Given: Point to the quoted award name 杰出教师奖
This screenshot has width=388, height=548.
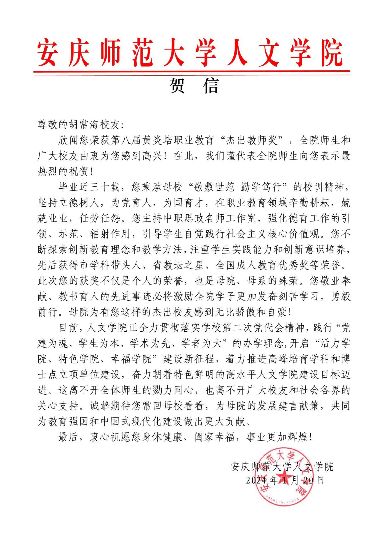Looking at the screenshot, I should coord(252,140).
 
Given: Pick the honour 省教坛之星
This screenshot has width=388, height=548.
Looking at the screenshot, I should coord(178,265).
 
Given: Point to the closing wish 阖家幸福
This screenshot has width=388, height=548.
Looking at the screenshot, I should coord(215,437).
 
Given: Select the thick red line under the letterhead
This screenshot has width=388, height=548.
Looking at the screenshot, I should coord(192,71).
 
